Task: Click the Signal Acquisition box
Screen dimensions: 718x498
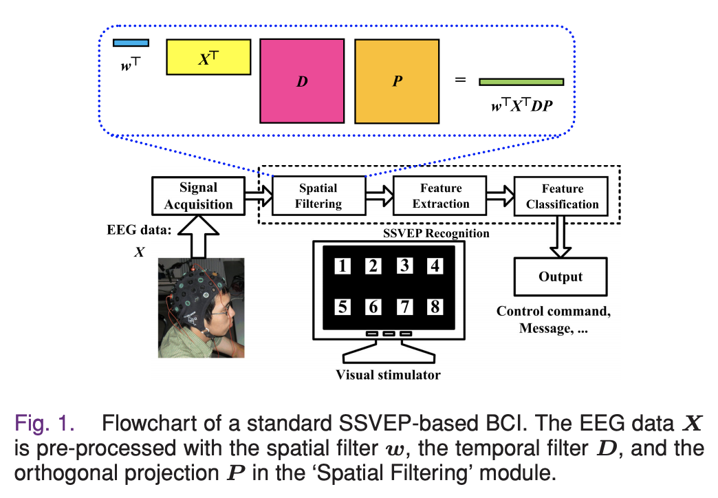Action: [198, 196]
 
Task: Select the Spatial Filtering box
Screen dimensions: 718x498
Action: [318, 195]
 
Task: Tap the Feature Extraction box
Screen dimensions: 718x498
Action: [439, 195]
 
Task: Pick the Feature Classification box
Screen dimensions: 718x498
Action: [561, 196]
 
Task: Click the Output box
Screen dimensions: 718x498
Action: [561, 277]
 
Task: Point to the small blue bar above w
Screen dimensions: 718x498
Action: [131, 43]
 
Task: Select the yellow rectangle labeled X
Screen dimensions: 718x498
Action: [208, 57]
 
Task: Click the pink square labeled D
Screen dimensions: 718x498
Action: [302, 81]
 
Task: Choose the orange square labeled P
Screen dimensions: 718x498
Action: [397, 81]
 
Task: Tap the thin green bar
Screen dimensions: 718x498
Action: [521, 82]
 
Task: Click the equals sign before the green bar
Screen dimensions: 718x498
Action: [460, 80]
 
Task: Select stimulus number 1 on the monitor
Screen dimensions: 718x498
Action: [342, 266]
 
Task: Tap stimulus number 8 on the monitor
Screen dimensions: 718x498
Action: [435, 307]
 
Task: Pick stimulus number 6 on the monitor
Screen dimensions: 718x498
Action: [373, 307]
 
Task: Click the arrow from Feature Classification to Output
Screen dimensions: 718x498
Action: [560, 237]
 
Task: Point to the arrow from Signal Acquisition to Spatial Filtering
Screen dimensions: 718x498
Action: [259, 196]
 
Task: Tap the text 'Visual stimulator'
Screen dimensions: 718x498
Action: [389, 375]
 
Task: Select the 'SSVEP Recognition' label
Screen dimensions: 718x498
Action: [436, 233]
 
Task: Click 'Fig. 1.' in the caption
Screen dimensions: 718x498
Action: [45, 423]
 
